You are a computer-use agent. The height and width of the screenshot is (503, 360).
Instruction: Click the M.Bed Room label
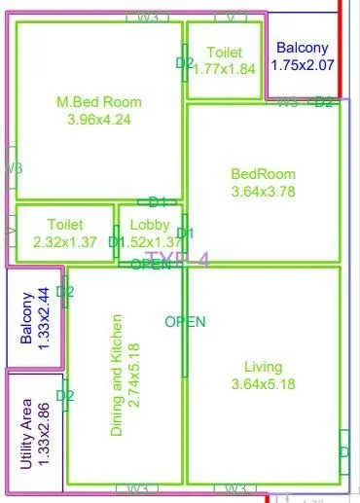(x=99, y=102)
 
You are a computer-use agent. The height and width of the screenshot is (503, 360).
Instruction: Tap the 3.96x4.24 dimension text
(x=99, y=120)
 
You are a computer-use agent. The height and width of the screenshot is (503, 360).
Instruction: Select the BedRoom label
(x=263, y=174)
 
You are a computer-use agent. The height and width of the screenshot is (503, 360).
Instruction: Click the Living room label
(x=263, y=367)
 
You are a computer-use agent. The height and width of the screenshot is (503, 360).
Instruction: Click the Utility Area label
(x=27, y=433)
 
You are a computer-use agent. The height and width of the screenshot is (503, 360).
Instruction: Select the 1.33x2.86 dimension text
(x=45, y=433)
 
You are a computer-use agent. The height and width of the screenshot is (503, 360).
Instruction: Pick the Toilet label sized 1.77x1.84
(x=224, y=52)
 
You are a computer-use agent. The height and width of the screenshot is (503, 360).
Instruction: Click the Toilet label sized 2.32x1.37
(x=64, y=224)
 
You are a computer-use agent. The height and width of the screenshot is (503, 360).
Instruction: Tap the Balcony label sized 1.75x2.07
(x=303, y=47)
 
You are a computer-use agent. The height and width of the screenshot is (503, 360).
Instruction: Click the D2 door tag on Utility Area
(x=65, y=396)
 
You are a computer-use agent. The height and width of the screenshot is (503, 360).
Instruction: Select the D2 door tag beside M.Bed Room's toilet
(x=185, y=63)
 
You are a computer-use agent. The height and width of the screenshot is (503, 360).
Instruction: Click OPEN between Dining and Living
(x=185, y=322)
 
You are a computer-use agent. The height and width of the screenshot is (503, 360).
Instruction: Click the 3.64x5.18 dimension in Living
(x=263, y=384)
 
